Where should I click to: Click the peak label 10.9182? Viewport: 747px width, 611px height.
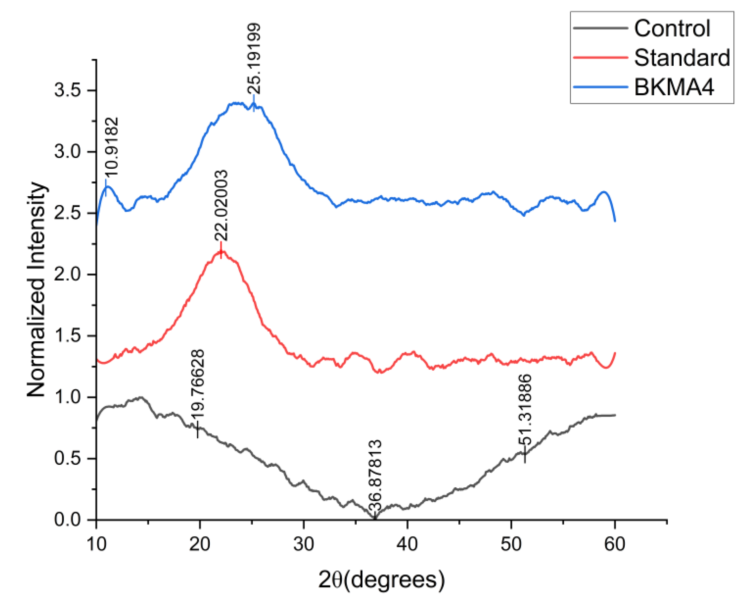coord(112,147)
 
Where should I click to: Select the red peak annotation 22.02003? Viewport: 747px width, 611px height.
coord(221,206)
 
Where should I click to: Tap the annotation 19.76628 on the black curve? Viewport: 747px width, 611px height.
coord(197,385)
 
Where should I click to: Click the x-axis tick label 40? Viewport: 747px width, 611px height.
coord(407,544)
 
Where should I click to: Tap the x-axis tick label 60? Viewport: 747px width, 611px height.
coord(615,544)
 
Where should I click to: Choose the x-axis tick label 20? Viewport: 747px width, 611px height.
coord(200,544)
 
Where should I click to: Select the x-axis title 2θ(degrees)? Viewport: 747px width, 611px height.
coord(381,580)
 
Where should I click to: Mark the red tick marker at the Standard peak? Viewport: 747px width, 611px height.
coord(221,250)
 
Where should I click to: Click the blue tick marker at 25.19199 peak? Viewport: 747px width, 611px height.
coord(254,103)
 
